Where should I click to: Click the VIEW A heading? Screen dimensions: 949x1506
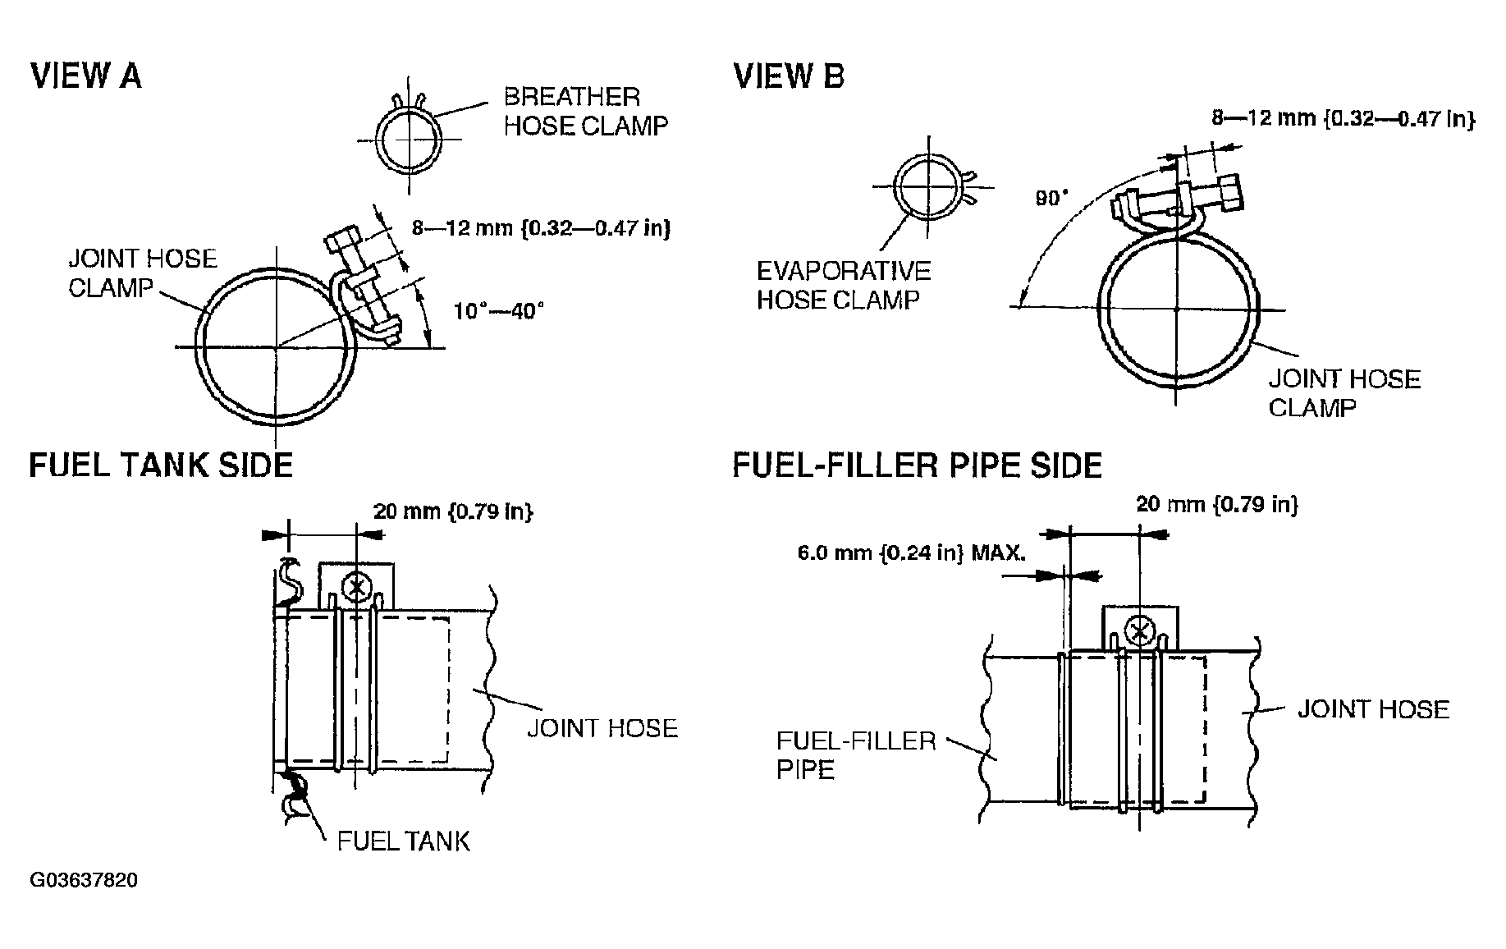pos(85,76)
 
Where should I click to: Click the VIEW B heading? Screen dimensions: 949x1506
pos(789,76)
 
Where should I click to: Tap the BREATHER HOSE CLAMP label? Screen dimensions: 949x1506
pos(584,111)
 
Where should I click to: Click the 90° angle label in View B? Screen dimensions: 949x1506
pos(1051,199)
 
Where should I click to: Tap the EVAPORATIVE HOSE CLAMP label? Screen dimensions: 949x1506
pos(843,286)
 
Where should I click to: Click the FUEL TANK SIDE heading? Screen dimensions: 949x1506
pos(161,465)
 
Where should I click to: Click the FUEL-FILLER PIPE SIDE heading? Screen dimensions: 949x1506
pos(917,465)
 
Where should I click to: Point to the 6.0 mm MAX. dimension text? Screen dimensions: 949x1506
pos(911,552)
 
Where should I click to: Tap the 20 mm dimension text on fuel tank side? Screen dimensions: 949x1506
pos(453,511)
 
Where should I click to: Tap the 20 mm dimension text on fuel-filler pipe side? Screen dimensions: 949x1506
pos(1217,504)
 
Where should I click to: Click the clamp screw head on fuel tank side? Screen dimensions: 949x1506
pos(356,586)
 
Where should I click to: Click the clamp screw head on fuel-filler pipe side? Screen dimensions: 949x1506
pos(1138,630)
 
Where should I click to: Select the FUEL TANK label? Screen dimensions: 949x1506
pos(403,841)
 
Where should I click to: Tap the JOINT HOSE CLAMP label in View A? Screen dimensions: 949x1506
pos(141,273)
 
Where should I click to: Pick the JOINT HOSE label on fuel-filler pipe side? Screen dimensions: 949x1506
pos(1373,709)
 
